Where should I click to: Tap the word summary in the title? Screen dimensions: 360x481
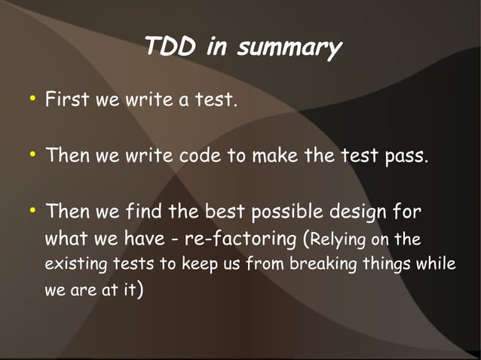coord(290,49)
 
